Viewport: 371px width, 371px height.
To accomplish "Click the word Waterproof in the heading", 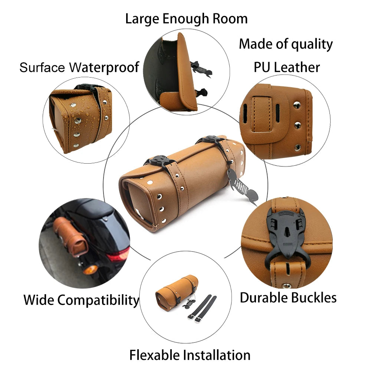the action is [x=104, y=68].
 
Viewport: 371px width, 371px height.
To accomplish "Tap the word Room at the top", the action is [x=230, y=19].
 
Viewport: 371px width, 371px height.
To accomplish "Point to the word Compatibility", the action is [x=98, y=301].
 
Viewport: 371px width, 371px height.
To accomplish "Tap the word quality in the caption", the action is [x=312, y=45].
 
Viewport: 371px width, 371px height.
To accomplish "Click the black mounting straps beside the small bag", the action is [x=202, y=308].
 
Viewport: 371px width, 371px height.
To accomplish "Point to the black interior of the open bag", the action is [x=163, y=69].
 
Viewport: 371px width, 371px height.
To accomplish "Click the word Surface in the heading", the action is [x=42, y=68].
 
